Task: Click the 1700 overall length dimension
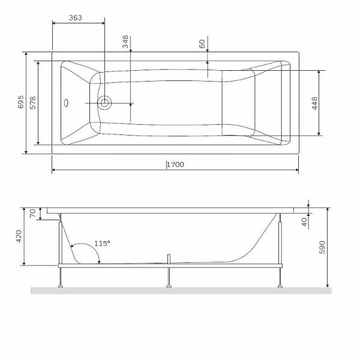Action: click(175, 164)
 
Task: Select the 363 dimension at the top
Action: click(75, 18)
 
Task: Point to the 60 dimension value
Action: click(202, 44)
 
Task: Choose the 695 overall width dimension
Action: click(20, 101)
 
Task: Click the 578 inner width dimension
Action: click(33, 102)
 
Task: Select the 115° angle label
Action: click(103, 244)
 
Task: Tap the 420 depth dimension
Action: click(19, 236)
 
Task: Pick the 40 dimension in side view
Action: click(304, 221)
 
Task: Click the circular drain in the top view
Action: click(105, 103)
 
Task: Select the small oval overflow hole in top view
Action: click(67, 102)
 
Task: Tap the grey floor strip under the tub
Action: click(180, 291)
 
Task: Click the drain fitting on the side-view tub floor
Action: click(170, 259)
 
